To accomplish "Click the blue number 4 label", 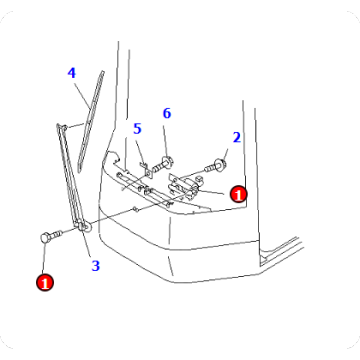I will (x=71, y=73).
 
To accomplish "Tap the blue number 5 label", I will (x=137, y=128).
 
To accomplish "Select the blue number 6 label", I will (x=167, y=113).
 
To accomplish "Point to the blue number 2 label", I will (x=236, y=137).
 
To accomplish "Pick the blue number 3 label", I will (x=95, y=265).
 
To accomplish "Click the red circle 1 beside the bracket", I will (x=238, y=194).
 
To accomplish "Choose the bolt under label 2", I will (x=217, y=161).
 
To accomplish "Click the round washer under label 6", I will (x=165, y=157).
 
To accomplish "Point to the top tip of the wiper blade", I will (x=102, y=73).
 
